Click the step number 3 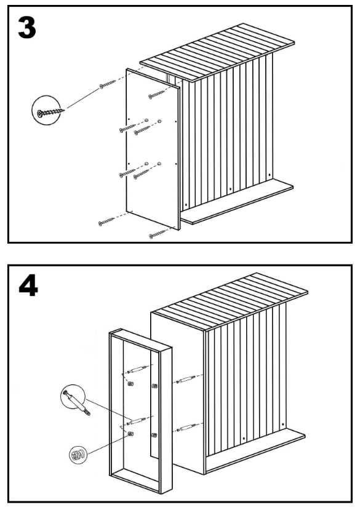(x=27, y=28)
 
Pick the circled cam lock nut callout (x=78, y=454)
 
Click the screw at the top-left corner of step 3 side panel (x=108, y=84)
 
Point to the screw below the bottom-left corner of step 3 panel (x=106, y=222)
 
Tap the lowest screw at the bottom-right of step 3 (x=157, y=234)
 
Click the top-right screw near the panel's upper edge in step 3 (x=157, y=95)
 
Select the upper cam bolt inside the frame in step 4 (x=137, y=370)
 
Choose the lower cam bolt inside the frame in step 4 (x=137, y=421)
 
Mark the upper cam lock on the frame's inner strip (x=154, y=386)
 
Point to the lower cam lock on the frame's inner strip (x=154, y=435)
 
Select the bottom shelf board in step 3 (x=237, y=202)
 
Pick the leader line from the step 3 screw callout (x=83, y=98)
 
